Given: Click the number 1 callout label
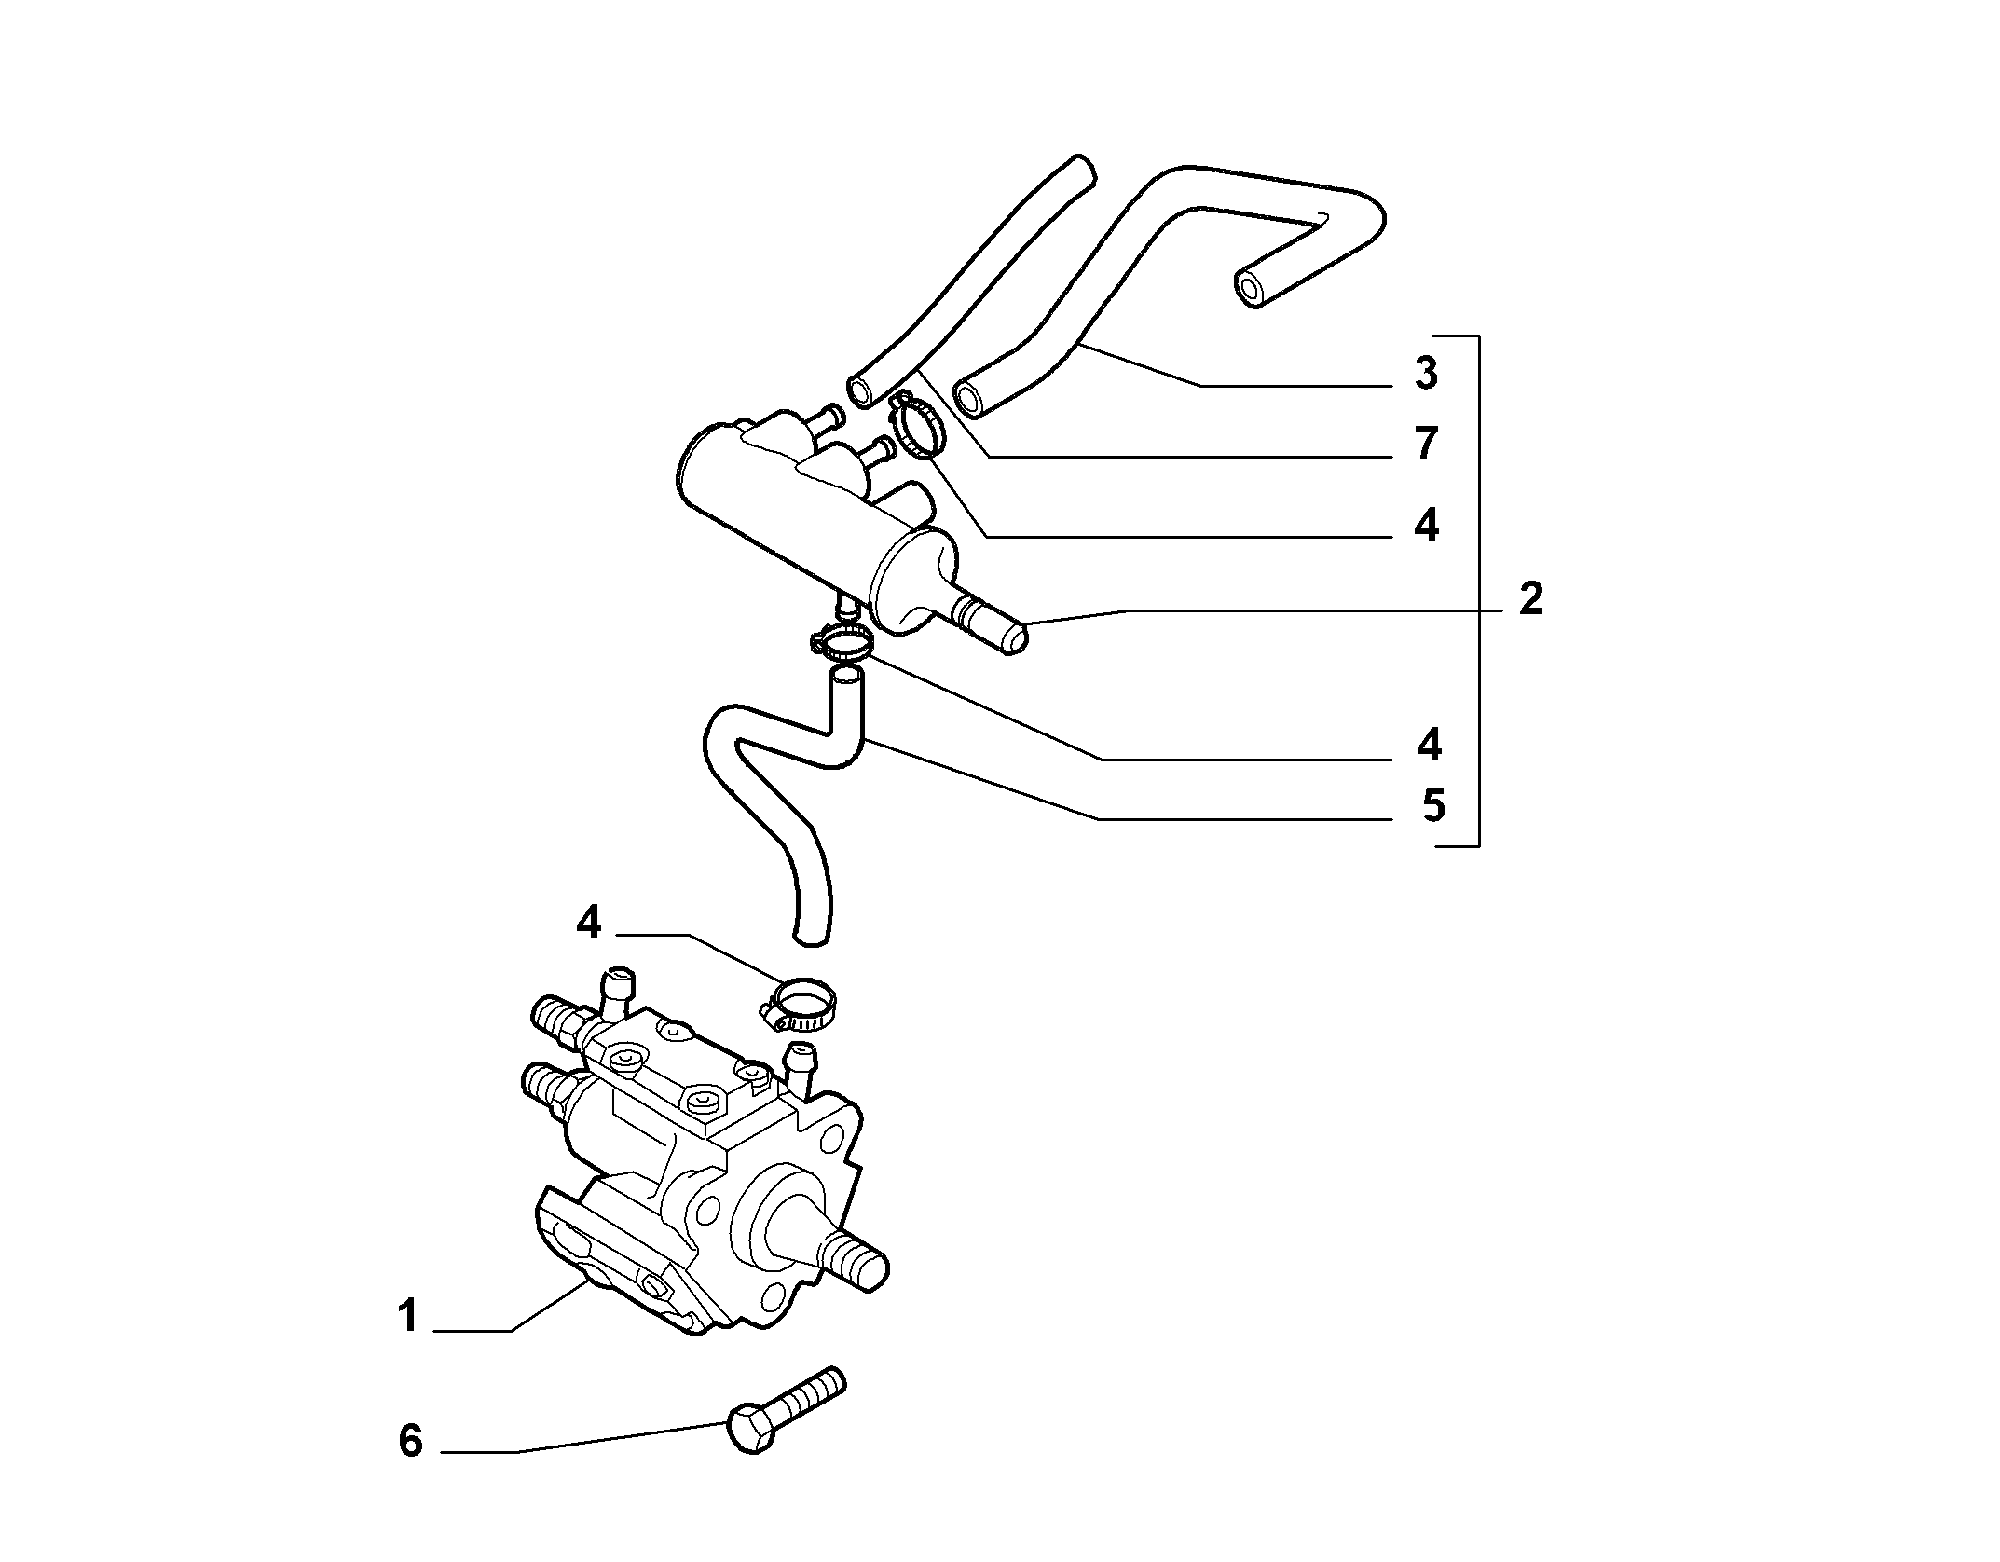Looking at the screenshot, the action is coord(407,1317).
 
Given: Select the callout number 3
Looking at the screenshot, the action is coord(1426,373).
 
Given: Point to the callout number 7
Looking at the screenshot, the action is coord(1426,444).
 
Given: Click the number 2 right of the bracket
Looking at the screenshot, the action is coord(1530,598).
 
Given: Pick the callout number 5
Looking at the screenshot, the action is coord(1433,806).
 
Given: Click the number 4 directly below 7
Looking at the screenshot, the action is coord(1426,526).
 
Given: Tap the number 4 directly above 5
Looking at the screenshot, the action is coord(1429,745).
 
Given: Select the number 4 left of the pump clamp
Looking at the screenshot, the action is coord(589,923).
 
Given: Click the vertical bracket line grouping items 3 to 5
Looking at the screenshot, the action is coord(1479,590).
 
